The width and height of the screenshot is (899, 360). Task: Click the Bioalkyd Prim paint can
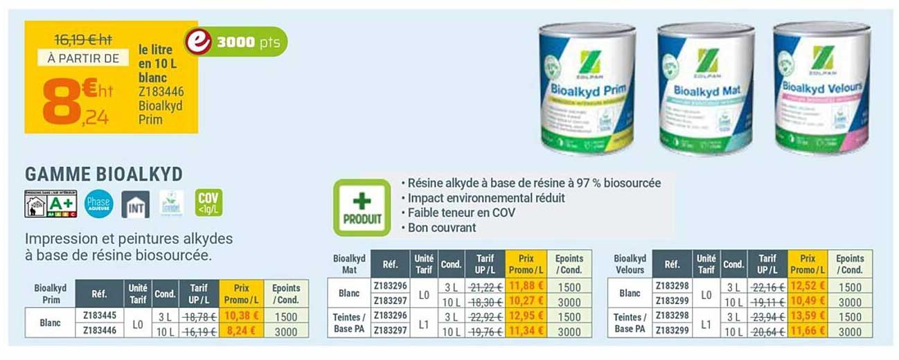pyautogui.click(x=587, y=88)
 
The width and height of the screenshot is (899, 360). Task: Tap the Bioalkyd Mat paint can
pyautogui.click(x=705, y=89)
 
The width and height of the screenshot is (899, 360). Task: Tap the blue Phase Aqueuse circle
pyautogui.click(x=98, y=204)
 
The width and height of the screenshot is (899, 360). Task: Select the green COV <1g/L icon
pyautogui.click(x=208, y=203)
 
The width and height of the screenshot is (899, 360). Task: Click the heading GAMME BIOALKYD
pyautogui.click(x=104, y=174)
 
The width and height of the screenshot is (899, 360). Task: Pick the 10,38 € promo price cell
pyautogui.click(x=240, y=316)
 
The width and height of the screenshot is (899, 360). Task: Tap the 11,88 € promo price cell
pyautogui.click(x=526, y=287)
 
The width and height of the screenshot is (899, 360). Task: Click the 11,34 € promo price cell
pyautogui.click(x=526, y=331)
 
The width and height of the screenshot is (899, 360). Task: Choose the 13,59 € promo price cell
pyautogui.click(x=808, y=316)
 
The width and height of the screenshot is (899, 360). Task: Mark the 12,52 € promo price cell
pyautogui.click(x=808, y=287)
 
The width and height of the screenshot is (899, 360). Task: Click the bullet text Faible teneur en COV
pyautogui.click(x=461, y=213)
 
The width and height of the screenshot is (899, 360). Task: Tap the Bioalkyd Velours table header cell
pyautogui.click(x=630, y=264)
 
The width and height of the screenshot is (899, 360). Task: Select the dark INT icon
pyautogui.click(x=136, y=204)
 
